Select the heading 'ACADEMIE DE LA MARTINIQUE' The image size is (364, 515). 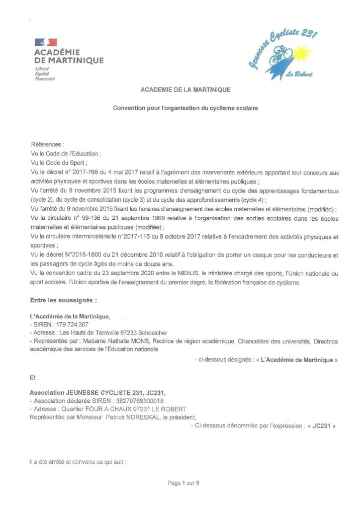click(x=186, y=90)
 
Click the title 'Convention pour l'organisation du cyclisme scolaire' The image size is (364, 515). click(x=186, y=108)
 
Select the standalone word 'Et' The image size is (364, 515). click(x=33, y=376)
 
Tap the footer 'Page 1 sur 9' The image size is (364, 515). click(x=184, y=484)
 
